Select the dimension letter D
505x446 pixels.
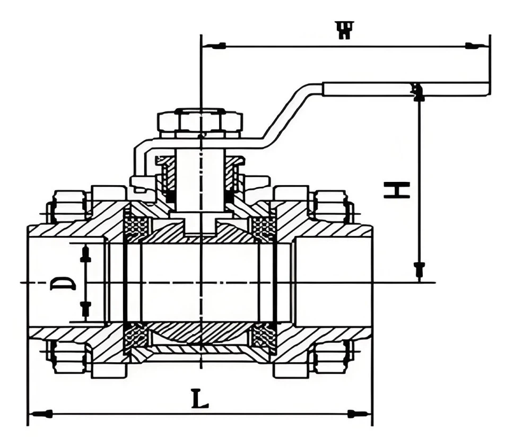coord(63,282)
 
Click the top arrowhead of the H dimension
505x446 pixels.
coord(419,93)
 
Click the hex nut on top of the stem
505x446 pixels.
coord(200,121)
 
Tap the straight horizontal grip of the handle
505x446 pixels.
coord(406,89)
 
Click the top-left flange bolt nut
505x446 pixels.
coord(68,206)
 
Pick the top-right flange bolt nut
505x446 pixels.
coord(332,206)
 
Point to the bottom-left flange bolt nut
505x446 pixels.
coord(68,356)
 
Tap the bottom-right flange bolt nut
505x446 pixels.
coord(332,356)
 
